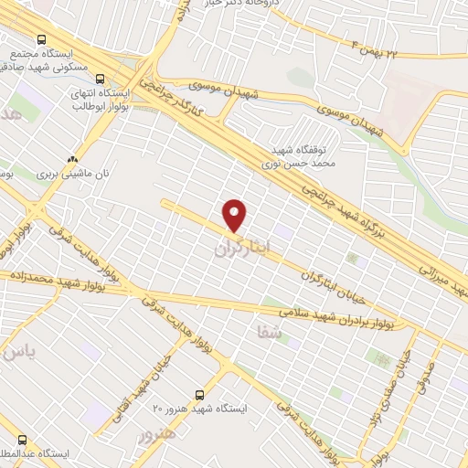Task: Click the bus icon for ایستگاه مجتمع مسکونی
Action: pos(41,39)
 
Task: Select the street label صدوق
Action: pos(429,375)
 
